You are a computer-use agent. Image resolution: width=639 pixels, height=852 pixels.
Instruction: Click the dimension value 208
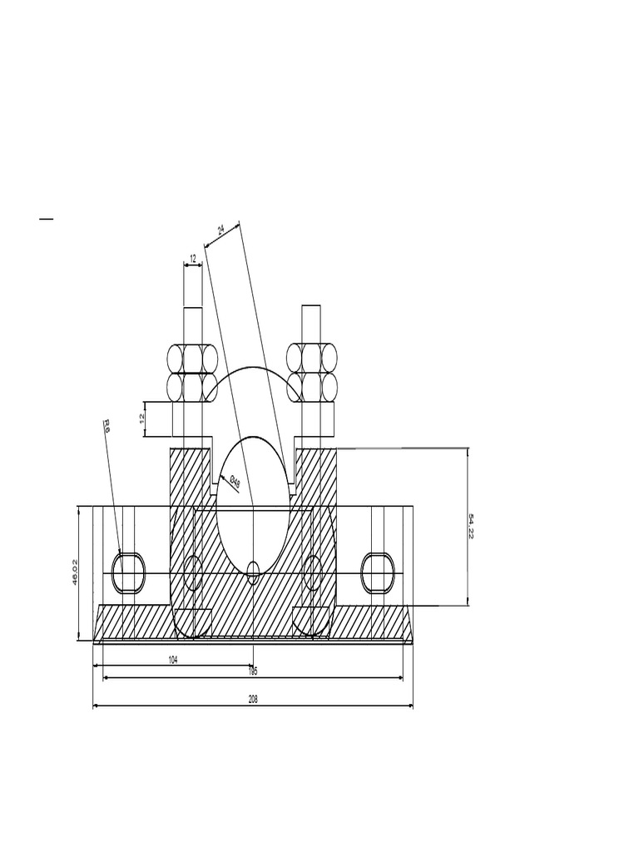(253, 701)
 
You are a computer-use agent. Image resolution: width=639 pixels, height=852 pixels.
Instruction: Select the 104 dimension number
(173, 659)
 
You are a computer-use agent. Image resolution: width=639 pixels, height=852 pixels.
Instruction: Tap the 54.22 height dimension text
(472, 526)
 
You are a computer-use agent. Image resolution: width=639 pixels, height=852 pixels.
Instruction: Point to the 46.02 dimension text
(75, 572)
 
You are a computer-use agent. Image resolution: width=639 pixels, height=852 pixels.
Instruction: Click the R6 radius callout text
(106, 426)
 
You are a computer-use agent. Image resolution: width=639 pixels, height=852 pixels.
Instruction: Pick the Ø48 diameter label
(235, 482)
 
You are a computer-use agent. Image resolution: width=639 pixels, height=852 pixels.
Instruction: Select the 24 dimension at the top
(221, 229)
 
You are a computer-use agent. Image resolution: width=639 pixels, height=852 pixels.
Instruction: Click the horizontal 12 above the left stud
(193, 259)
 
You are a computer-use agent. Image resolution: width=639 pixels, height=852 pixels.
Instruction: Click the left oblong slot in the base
(129, 572)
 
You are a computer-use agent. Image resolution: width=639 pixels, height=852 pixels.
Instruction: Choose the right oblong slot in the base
(378, 572)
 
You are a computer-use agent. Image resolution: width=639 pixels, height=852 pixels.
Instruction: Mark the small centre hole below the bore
(254, 571)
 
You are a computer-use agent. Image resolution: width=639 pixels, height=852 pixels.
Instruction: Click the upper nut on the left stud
(193, 358)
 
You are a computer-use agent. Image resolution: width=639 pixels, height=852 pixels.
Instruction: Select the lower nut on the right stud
(312, 386)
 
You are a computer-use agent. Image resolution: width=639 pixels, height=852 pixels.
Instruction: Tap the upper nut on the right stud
(312, 358)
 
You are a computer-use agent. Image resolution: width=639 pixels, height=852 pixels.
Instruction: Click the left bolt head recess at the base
(193, 621)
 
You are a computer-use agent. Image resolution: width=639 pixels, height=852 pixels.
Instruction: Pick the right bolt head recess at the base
(312, 621)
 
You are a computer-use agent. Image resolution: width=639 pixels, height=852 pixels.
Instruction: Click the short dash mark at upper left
(46, 220)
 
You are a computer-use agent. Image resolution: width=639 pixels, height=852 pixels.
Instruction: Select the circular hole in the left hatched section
(192, 572)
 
